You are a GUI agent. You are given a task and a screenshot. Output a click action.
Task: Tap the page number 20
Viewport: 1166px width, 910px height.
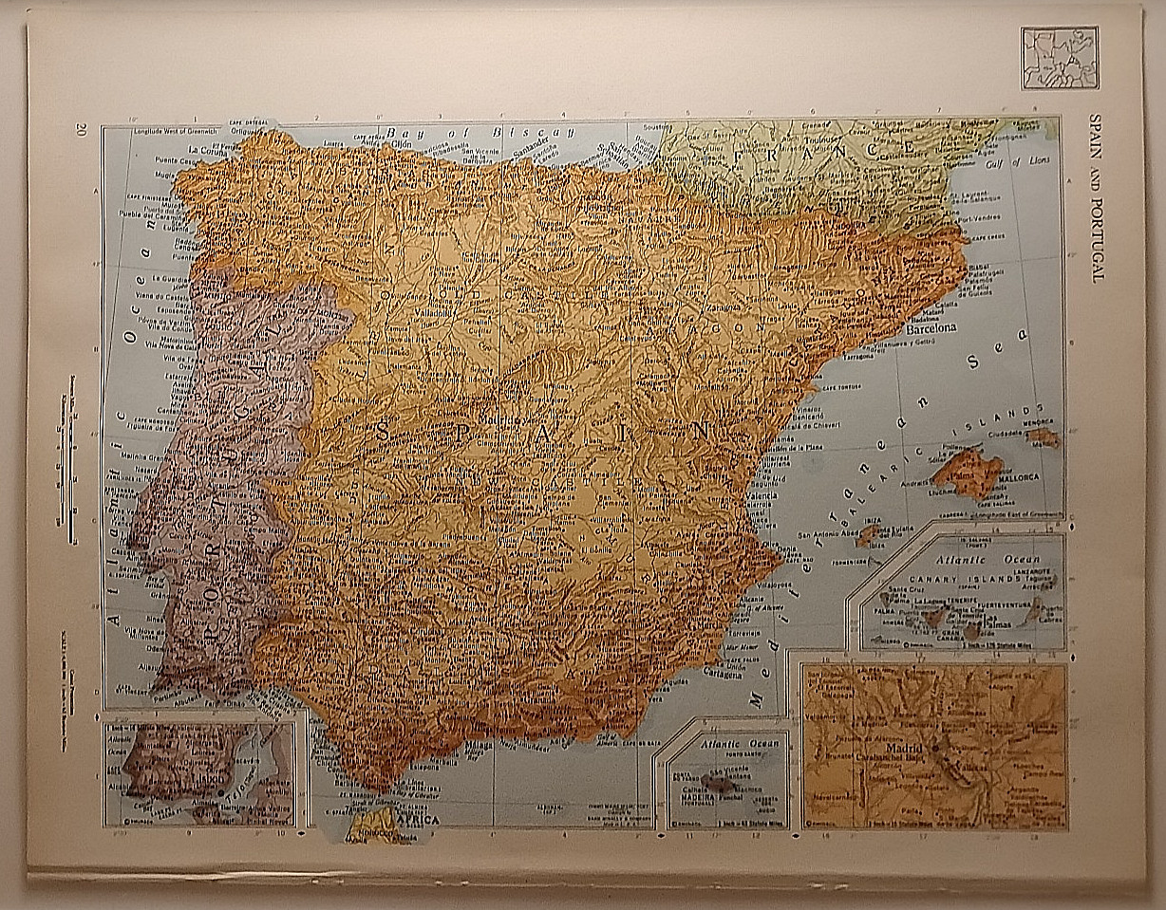[x=83, y=130]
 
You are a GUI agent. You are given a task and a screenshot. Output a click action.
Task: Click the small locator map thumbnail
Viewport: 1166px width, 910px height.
[x=1059, y=58]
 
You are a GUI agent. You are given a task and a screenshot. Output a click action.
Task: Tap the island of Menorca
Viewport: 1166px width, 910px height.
[x=1043, y=436]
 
